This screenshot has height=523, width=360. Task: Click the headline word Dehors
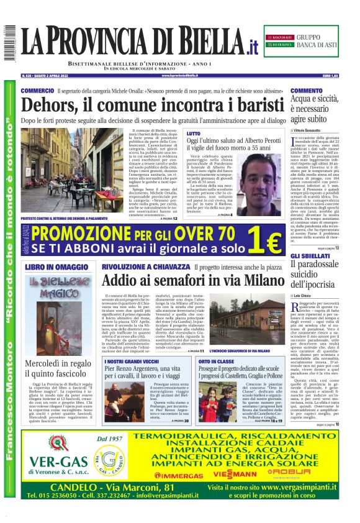51,106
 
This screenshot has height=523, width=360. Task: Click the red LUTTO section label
194,134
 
